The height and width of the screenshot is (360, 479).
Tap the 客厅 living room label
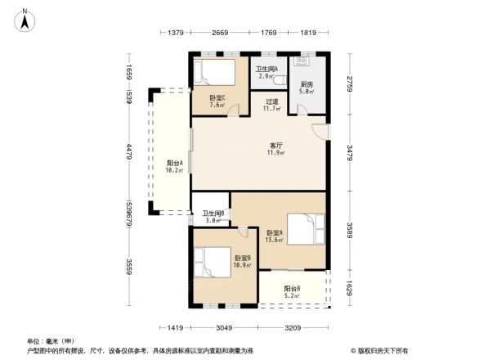tap(277, 146)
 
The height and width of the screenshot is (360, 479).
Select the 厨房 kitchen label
tap(307, 84)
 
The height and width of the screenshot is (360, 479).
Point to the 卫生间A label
tap(266, 69)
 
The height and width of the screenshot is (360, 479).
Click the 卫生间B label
tap(214, 214)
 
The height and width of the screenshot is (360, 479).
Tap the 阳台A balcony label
tap(174, 163)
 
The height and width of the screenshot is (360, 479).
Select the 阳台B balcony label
tap(292, 288)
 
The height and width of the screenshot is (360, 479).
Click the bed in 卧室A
tap(304, 228)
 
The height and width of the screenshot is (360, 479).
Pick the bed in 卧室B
tap(218, 263)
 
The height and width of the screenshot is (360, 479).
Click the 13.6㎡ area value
tap(274, 240)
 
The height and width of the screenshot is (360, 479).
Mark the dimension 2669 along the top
tap(219, 34)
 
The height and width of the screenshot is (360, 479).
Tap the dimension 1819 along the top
tap(307, 34)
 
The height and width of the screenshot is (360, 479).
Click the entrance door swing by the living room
tap(320, 131)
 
